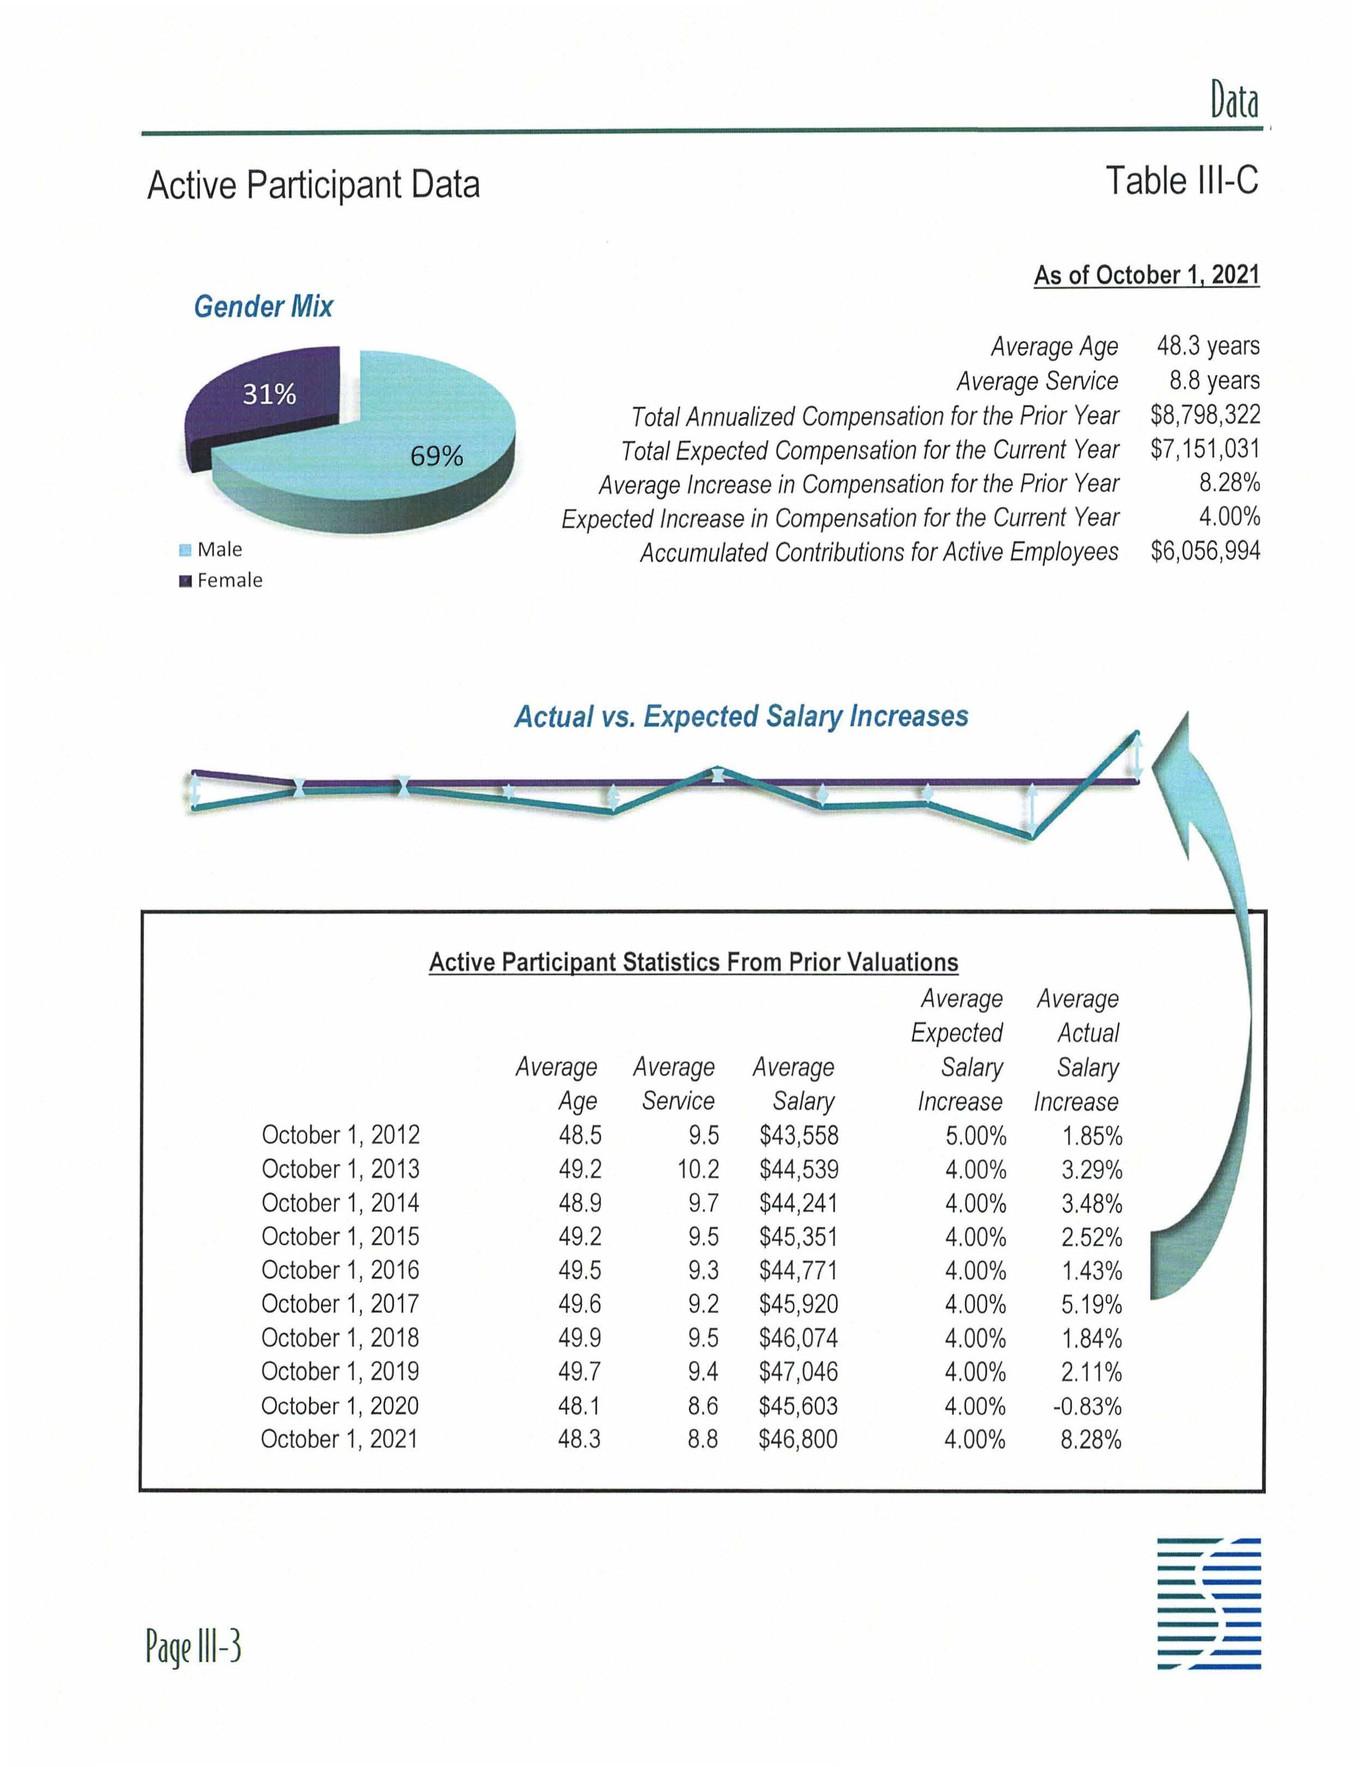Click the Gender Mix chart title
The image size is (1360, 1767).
[x=263, y=307]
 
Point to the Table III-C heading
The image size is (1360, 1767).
[x=1181, y=180]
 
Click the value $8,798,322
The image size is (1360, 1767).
[x=1205, y=415]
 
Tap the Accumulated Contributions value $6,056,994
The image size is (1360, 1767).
[x=1205, y=552]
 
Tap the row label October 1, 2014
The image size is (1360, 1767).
[x=340, y=1203]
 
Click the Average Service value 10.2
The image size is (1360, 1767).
[x=698, y=1169]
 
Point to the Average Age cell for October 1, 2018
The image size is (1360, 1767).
[x=579, y=1338]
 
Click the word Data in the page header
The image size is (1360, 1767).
[x=1234, y=103]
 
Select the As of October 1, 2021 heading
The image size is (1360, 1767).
[x=1146, y=275]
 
